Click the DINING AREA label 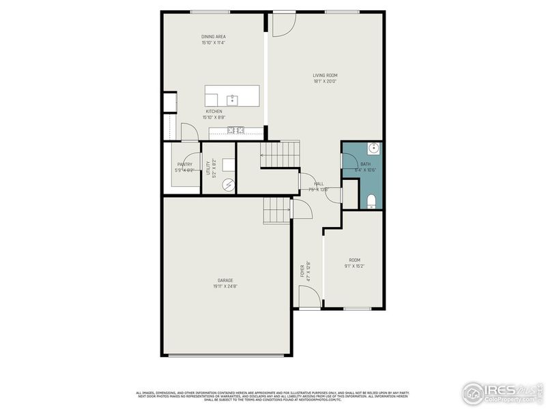point(214,36)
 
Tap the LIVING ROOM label point(326,75)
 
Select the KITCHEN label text point(214,111)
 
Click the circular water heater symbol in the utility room point(228,183)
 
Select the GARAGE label point(225,280)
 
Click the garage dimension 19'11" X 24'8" point(225,286)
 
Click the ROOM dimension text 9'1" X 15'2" point(355,266)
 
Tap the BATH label point(366,164)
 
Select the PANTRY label point(184,164)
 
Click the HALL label point(319,184)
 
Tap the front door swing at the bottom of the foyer point(308,297)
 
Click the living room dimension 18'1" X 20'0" point(326,82)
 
